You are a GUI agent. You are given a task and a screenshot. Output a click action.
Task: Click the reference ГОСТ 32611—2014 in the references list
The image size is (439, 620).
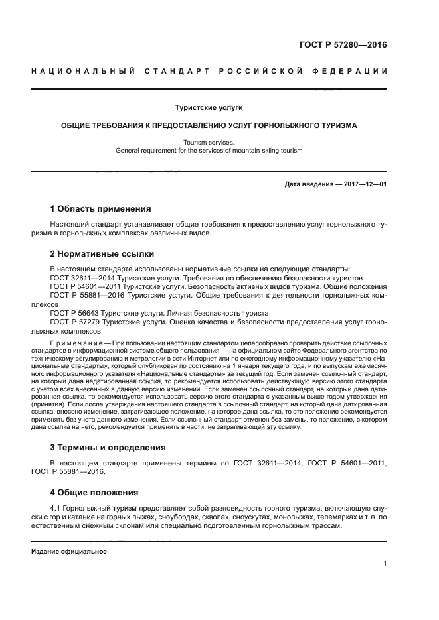pyautogui.click(x=79, y=278)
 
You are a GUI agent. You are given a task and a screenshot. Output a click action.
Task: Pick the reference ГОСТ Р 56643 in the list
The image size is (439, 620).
pyautogui.click(x=75, y=312)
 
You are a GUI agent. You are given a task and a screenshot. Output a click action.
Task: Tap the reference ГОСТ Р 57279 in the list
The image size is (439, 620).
pyautogui.click(x=75, y=321)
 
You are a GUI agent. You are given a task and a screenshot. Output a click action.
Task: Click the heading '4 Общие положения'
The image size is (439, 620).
pyautogui.click(x=94, y=492)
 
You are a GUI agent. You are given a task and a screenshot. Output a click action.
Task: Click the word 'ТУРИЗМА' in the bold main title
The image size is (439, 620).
pyautogui.click(x=336, y=125)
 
